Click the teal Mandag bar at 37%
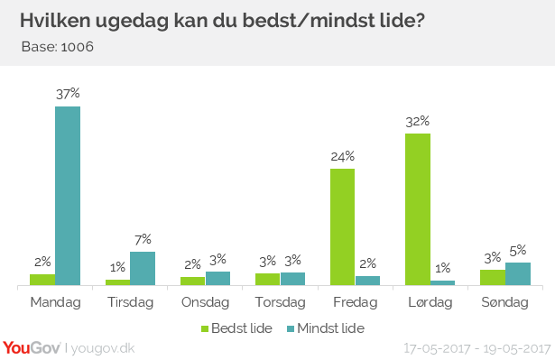(68, 196)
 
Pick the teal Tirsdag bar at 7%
(143, 269)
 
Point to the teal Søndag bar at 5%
(518, 274)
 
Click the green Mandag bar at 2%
(42, 280)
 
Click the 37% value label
(68, 93)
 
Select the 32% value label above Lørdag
(418, 120)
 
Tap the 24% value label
(343, 155)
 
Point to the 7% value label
(143, 238)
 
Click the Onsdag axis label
(206, 302)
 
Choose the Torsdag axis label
(281, 302)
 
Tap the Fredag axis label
(356, 302)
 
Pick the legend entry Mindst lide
(325, 328)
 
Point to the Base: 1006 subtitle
(57, 46)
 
